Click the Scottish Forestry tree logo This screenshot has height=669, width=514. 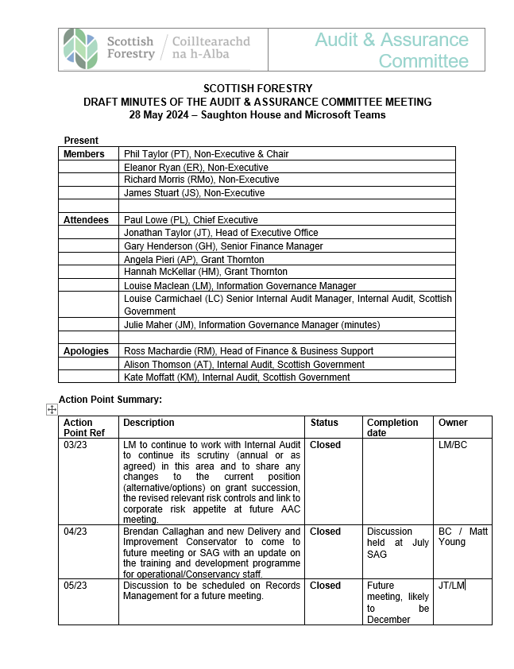pyautogui.click(x=81, y=48)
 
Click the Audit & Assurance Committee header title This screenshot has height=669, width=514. pyautogui.click(x=392, y=50)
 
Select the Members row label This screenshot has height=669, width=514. pyautogui.click(x=84, y=154)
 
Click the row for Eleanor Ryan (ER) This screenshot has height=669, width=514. pyautogui.click(x=196, y=168)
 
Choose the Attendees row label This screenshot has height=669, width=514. pyautogui.click(x=87, y=220)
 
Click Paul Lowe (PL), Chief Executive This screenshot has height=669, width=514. pyautogui.click(x=191, y=220)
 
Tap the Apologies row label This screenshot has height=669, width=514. pyautogui.click(x=87, y=351)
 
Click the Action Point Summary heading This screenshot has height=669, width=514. pyautogui.click(x=110, y=399)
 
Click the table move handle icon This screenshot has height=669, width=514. pyautogui.click(x=52, y=409)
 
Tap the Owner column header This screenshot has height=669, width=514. pyautogui.click(x=453, y=423)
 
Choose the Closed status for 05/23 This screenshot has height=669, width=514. pyautogui.click(x=325, y=586)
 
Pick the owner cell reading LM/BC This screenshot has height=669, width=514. pyautogui.click(x=453, y=445)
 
